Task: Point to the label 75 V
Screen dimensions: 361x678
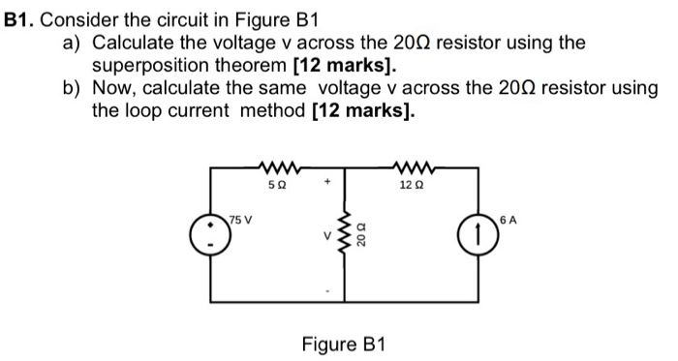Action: coord(239,218)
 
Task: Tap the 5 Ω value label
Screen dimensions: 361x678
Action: coord(275,184)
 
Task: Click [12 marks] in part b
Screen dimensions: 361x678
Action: coord(364,109)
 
